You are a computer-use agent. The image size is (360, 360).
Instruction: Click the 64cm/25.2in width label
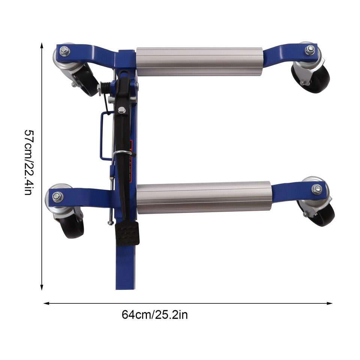[x=154, y=314]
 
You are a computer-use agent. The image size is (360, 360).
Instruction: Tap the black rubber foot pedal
[x=127, y=233]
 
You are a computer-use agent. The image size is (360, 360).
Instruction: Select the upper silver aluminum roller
[x=199, y=61]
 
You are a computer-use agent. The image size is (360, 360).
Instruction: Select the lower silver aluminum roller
[x=204, y=198]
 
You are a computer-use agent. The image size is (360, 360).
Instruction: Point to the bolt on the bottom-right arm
[x=317, y=189]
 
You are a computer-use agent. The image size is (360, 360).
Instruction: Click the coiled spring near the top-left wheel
[x=106, y=88]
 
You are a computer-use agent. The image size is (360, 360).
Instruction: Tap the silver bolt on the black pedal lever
[x=121, y=110]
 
